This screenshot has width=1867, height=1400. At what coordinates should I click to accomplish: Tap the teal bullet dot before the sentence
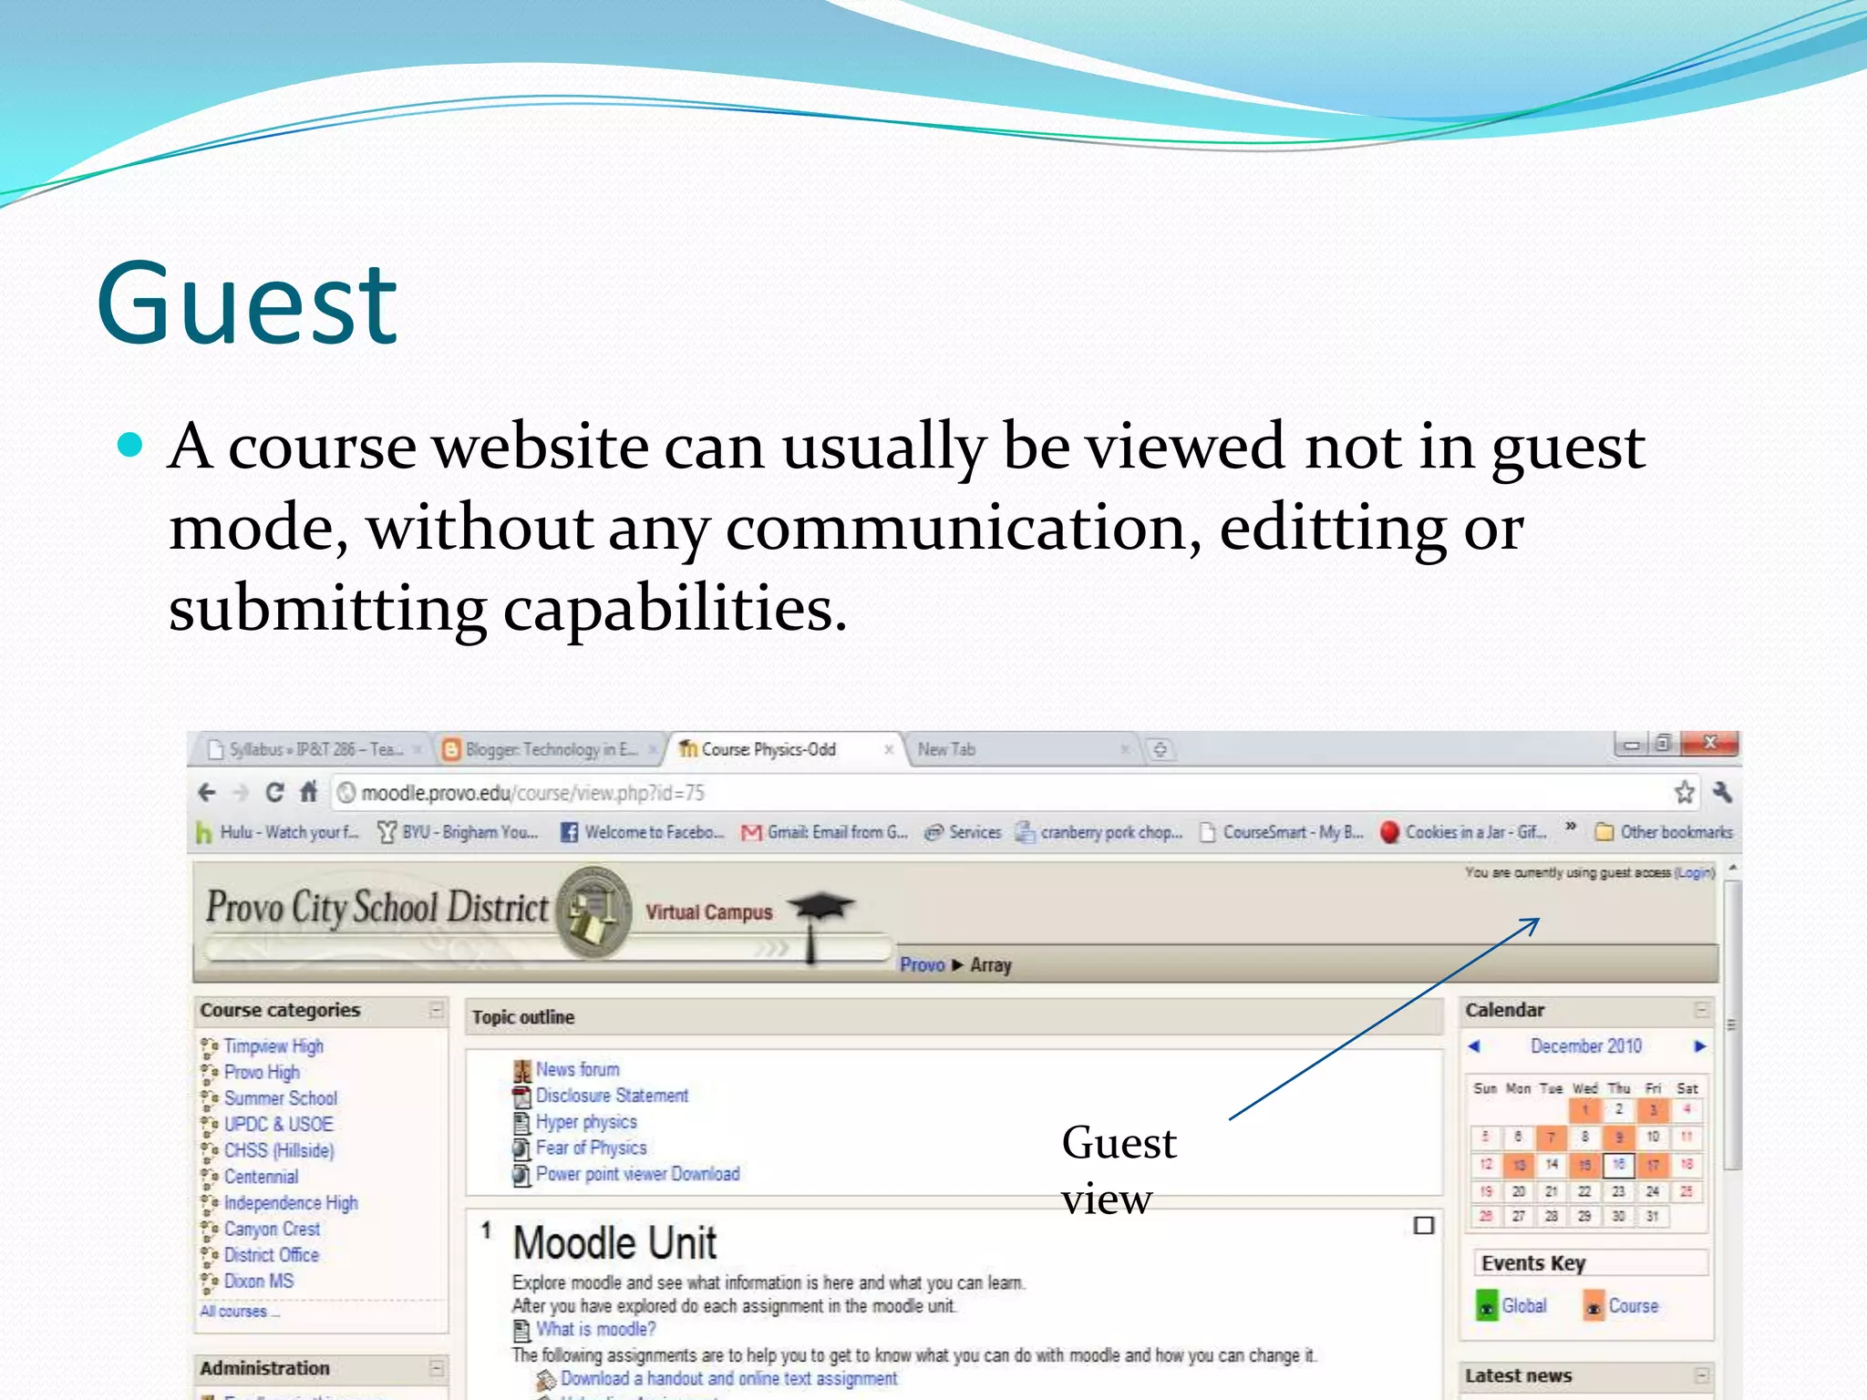(131, 445)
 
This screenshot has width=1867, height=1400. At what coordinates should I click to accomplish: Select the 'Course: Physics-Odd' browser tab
(768, 749)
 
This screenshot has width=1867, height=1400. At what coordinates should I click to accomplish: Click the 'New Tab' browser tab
(946, 749)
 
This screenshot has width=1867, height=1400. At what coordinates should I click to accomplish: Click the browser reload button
(274, 792)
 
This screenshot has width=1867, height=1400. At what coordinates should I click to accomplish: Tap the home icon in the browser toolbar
(309, 792)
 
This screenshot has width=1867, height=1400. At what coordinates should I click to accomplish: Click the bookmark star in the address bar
(1684, 792)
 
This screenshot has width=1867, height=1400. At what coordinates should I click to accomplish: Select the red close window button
(1710, 744)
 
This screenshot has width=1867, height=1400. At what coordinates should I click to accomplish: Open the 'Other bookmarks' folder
(1665, 832)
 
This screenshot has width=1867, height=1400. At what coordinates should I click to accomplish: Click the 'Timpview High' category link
(273, 1046)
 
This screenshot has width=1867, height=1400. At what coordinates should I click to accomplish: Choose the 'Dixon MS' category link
(259, 1282)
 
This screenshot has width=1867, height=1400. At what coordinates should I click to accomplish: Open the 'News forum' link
(577, 1069)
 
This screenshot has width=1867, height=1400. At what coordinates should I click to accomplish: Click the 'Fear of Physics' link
(591, 1148)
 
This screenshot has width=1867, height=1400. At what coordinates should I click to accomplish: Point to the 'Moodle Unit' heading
(614, 1243)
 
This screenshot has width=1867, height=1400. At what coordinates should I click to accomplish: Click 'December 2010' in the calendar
(1586, 1046)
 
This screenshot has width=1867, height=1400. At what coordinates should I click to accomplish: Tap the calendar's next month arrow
(1699, 1046)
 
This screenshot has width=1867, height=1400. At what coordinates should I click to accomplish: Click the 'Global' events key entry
(1523, 1306)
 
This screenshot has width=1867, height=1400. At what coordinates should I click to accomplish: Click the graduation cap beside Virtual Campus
(820, 907)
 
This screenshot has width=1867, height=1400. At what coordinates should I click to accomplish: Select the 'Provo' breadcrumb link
(922, 964)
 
